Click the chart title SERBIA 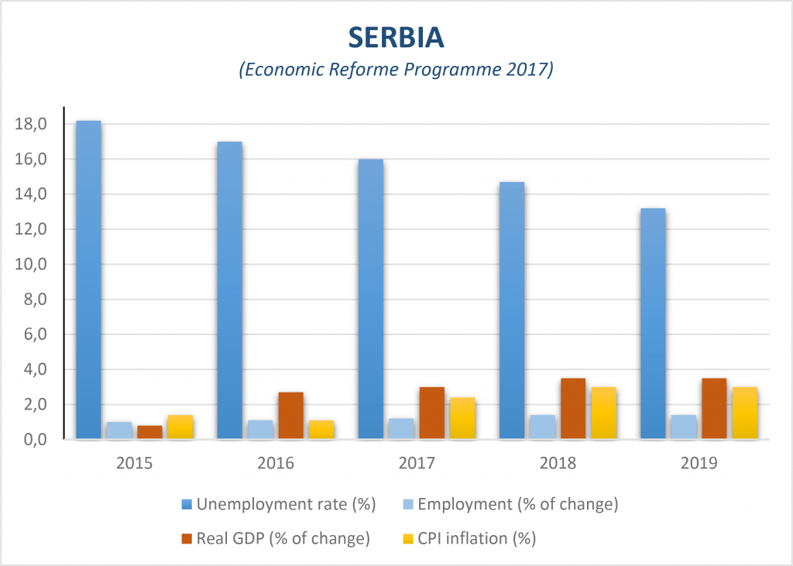[x=396, y=36]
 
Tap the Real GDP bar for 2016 [x=290, y=416]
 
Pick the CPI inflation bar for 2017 [x=462, y=419]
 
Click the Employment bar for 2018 [x=543, y=427]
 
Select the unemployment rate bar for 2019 [x=653, y=324]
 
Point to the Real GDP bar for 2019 [x=714, y=409]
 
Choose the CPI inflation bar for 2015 [x=180, y=427]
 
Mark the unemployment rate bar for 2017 [x=370, y=300]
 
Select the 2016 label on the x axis [x=276, y=464]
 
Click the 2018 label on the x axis [x=558, y=464]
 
